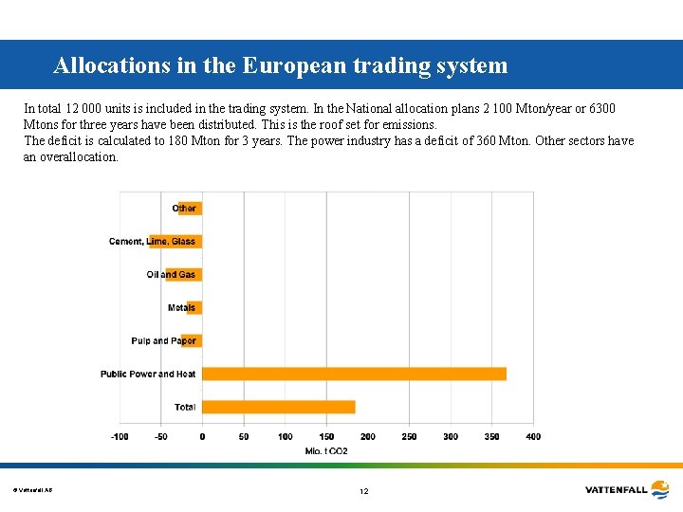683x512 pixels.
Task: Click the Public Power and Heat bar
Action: click(x=354, y=374)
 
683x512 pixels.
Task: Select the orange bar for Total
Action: click(x=279, y=407)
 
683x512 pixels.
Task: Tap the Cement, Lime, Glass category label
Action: click(x=152, y=242)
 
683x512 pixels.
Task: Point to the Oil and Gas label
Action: click(x=171, y=275)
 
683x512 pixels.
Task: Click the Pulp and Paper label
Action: click(x=163, y=341)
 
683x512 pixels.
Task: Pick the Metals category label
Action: click(x=181, y=308)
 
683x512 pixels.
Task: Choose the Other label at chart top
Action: click(x=184, y=209)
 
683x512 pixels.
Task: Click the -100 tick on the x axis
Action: click(x=120, y=437)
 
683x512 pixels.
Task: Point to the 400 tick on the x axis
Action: click(x=533, y=437)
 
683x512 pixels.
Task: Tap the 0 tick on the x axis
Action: click(x=202, y=437)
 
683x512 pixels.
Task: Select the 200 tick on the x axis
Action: click(x=367, y=437)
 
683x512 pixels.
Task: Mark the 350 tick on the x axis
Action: click(x=491, y=437)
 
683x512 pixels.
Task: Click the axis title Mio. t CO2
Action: click(x=325, y=451)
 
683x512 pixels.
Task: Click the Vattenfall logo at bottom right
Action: click(x=627, y=490)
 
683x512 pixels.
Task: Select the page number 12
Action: click(x=363, y=491)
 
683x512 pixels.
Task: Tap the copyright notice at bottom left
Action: click(x=32, y=490)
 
